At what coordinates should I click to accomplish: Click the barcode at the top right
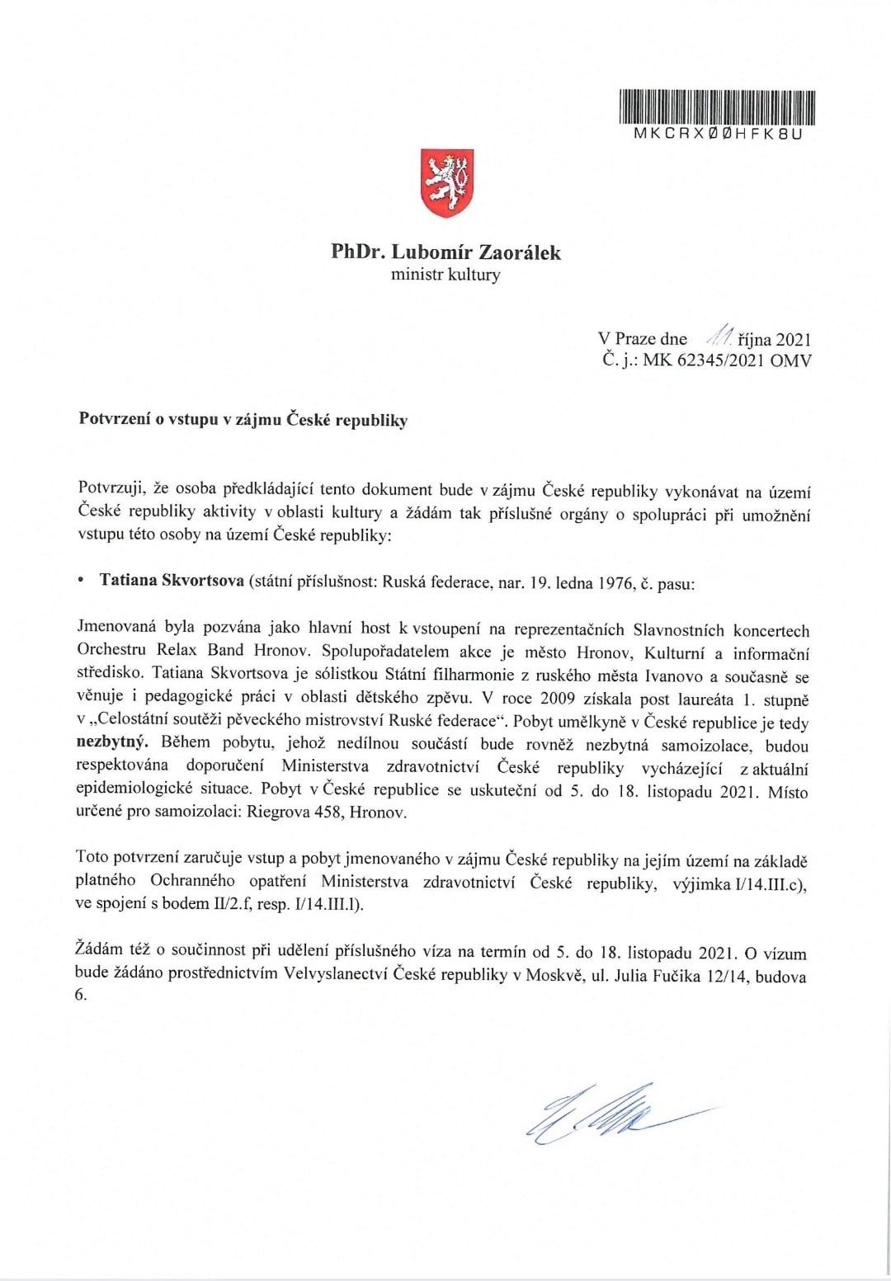[x=716, y=106]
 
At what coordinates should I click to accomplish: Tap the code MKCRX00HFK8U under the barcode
[x=716, y=133]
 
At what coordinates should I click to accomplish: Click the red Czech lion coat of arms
[x=445, y=184]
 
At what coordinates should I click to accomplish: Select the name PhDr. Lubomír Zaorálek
[x=445, y=252]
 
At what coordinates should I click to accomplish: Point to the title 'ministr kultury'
[x=445, y=275]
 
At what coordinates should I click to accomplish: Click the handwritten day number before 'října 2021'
[x=717, y=337]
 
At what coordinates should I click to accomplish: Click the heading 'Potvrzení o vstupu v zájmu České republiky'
[x=243, y=420]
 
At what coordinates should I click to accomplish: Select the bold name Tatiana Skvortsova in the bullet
[x=172, y=581]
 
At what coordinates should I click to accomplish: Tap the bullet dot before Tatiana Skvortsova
[x=80, y=581]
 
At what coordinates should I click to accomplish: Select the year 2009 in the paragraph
[x=559, y=699]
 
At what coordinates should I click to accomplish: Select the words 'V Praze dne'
[x=643, y=338]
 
